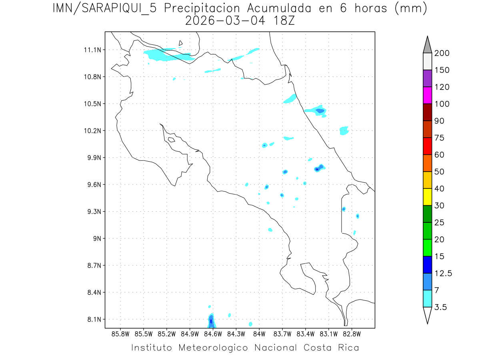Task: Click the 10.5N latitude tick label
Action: [92, 104]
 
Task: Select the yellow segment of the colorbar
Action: [427, 197]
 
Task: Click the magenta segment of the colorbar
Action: [427, 95]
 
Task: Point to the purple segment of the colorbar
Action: [427, 78]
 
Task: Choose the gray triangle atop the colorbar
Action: [427, 45]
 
